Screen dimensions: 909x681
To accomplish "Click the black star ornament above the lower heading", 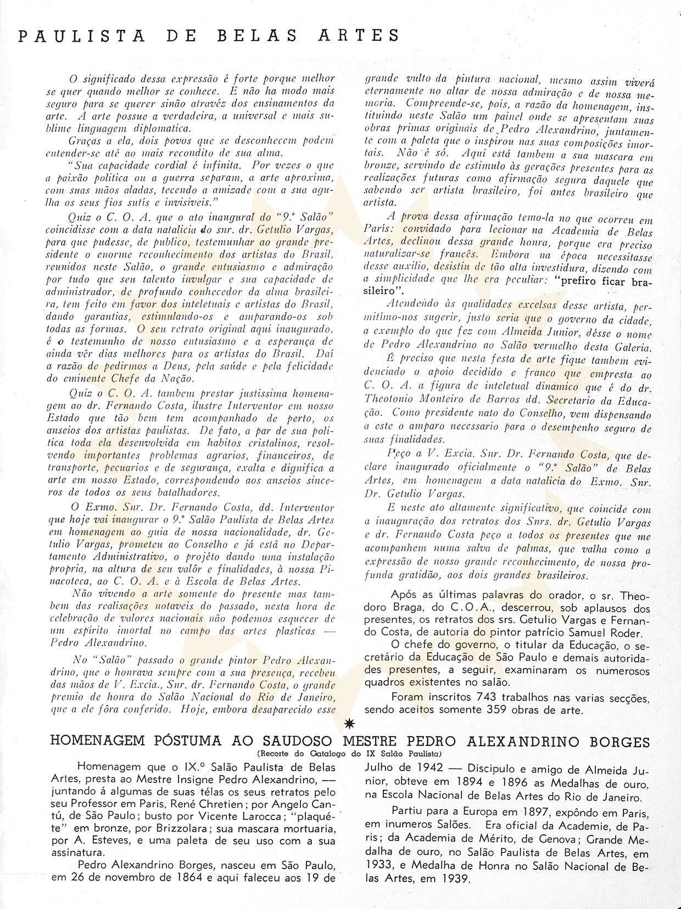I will (347, 724).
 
